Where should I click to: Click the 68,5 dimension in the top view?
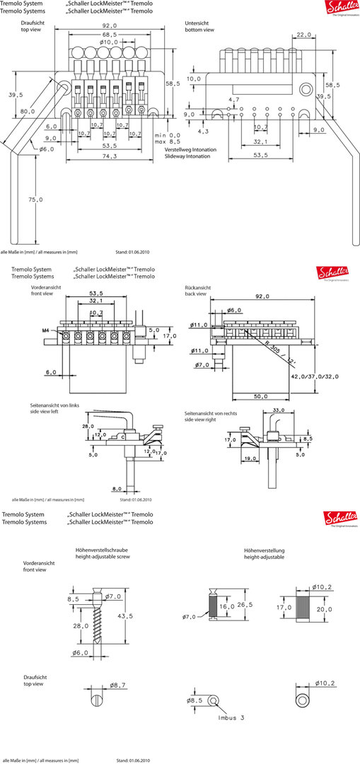point(109,35)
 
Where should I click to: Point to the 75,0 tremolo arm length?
point(36,200)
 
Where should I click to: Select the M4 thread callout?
point(45,330)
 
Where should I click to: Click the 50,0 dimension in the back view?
point(260,397)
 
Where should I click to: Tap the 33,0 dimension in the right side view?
point(278,410)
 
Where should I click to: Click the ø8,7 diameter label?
point(118,685)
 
